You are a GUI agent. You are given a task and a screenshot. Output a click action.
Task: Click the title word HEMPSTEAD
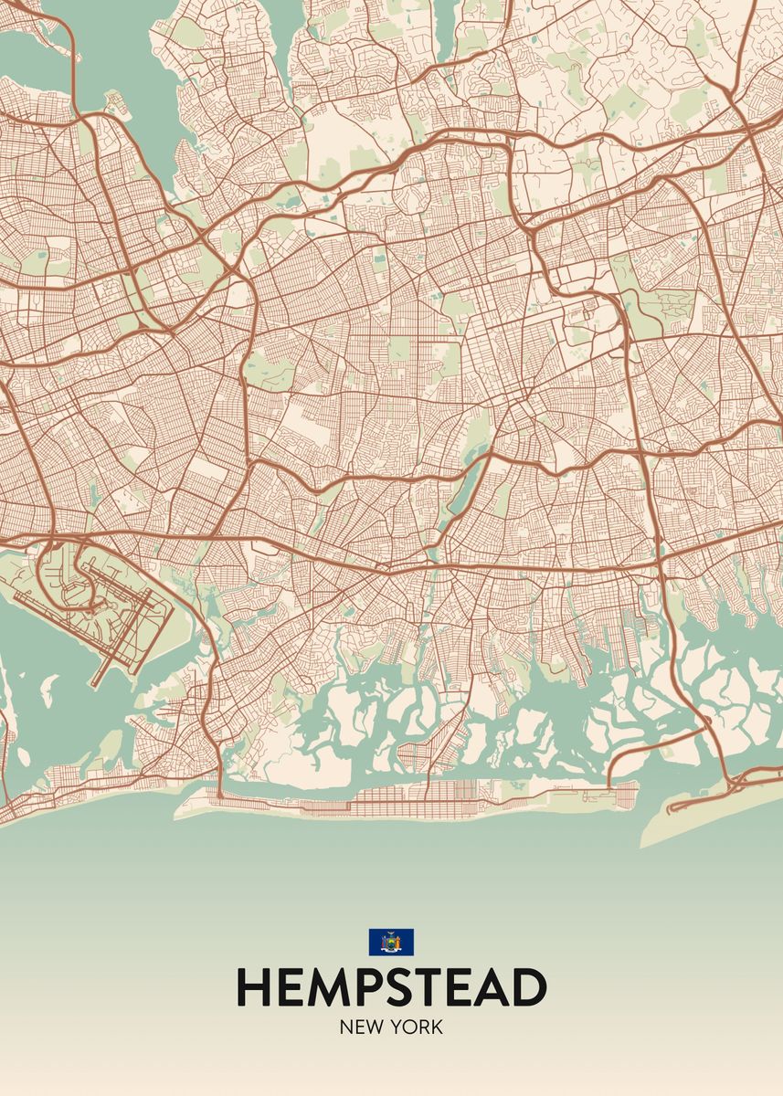click(391, 987)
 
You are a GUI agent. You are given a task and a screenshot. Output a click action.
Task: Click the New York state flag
click(391, 942)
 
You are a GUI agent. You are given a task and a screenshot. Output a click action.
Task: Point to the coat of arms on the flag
click(391, 943)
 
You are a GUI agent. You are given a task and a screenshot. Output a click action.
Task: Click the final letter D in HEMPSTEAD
click(529, 987)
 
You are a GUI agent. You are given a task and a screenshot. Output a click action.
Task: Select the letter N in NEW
click(346, 1027)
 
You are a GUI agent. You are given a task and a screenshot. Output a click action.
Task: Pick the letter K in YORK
click(437, 1027)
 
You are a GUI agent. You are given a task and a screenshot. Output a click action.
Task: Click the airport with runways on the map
click(105, 603)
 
